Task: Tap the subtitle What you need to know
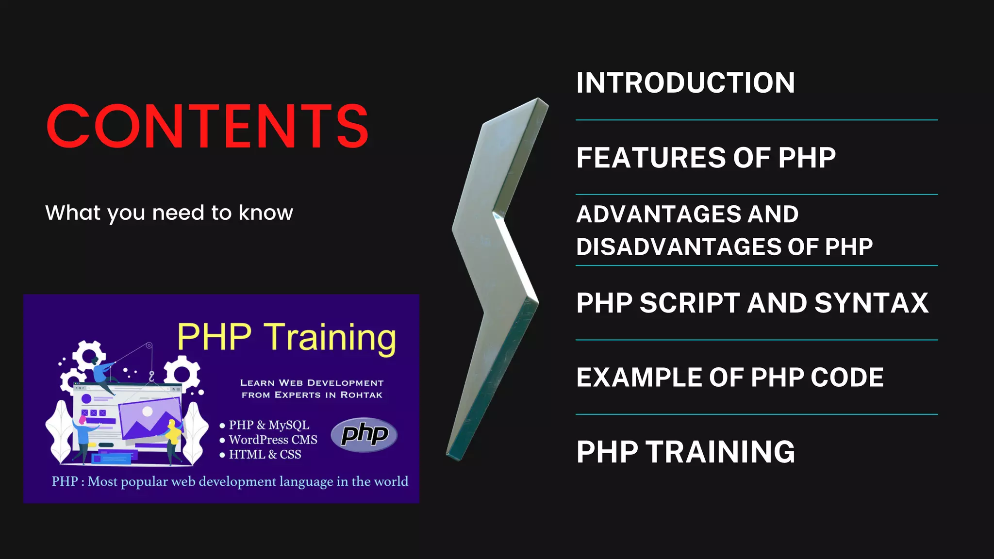click(x=169, y=213)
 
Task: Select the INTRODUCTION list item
click(x=685, y=82)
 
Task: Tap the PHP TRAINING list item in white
click(x=685, y=452)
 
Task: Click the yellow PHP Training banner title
click(x=286, y=337)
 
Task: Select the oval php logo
click(x=364, y=434)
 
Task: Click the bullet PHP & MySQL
click(x=268, y=425)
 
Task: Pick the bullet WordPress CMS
click(x=273, y=440)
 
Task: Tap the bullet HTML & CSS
click(x=265, y=454)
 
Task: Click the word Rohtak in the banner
click(x=361, y=395)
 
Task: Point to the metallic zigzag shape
click(x=495, y=272)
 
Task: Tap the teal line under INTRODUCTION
click(x=756, y=120)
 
